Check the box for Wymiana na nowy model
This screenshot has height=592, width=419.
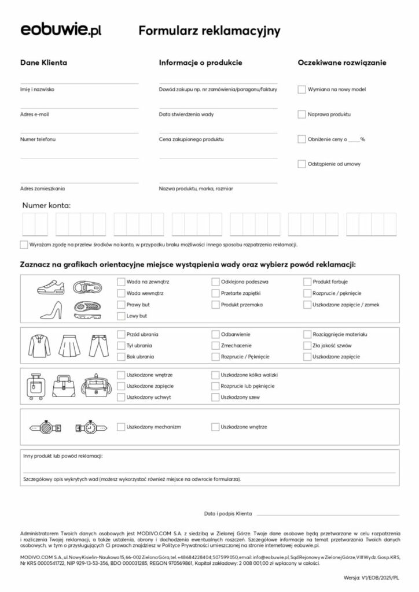[302, 90]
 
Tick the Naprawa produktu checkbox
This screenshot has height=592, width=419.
[302, 114]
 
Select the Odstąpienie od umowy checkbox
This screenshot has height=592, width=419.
[302, 164]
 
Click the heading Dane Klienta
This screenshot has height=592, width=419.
[43, 62]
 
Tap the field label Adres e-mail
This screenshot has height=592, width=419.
[35, 114]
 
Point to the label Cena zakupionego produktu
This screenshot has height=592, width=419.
[192, 139]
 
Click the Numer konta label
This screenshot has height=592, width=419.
[46, 205]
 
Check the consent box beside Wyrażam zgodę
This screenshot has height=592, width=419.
[24, 245]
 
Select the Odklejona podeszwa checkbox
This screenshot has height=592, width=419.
[216, 282]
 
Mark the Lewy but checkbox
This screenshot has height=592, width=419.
[122, 316]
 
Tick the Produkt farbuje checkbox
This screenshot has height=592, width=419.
[307, 282]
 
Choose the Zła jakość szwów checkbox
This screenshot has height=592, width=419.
[307, 346]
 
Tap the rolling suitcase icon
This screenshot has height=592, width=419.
[36, 386]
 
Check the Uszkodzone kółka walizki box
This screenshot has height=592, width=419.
[216, 375]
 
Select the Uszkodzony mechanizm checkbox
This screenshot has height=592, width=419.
[122, 427]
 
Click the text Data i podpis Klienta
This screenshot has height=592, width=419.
[228, 513]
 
